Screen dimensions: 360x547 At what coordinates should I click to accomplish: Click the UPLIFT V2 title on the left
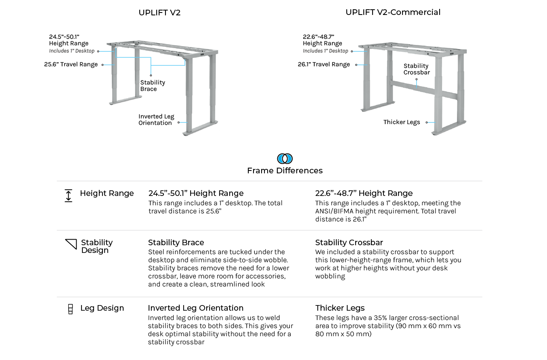click(x=159, y=13)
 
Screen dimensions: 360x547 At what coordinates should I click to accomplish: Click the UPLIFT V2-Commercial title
click(x=393, y=12)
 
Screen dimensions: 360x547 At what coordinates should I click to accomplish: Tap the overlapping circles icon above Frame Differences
click(x=285, y=158)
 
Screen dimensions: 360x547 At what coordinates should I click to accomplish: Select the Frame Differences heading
click(x=285, y=171)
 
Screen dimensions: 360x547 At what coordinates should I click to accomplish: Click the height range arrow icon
click(x=69, y=196)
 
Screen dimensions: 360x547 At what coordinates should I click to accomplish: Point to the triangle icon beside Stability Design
click(x=71, y=244)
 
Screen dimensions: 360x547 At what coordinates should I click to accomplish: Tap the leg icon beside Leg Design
click(x=70, y=309)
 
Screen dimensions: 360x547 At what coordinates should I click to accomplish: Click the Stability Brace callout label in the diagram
click(x=153, y=86)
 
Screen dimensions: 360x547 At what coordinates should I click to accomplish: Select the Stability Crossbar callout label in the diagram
click(x=416, y=69)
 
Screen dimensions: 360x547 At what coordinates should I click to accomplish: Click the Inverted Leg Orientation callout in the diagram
click(x=156, y=120)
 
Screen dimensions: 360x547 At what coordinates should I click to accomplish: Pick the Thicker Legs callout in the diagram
click(x=402, y=122)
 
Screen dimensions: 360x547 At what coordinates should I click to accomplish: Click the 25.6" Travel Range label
click(x=71, y=64)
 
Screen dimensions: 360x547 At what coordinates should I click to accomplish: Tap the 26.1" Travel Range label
click(x=324, y=64)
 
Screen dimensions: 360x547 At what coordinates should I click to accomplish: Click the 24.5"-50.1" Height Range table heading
click(x=196, y=193)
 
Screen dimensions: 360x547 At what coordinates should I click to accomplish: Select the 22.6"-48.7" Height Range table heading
click(x=364, y=193)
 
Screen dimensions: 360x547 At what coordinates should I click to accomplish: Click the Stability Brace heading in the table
click(x=176, y=242)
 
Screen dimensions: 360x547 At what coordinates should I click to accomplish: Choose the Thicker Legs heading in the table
click(x=340, y=308)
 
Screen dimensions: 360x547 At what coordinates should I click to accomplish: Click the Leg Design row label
click(x=102, y=308)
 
